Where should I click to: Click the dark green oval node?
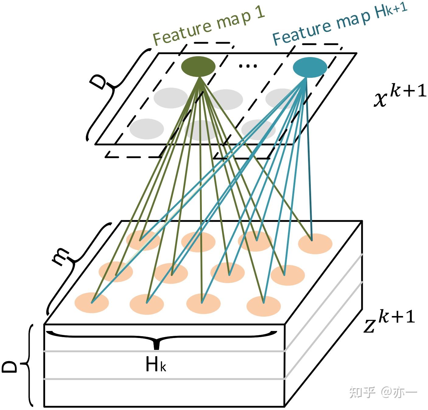click(198, 67)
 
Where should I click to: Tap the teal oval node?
click(310, 67)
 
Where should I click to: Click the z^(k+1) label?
click(390, 321)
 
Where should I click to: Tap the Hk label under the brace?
click(156, 365)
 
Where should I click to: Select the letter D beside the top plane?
click(98, 81)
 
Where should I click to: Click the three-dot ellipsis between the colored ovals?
click(248, 66)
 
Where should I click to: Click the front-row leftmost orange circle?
click(92, 302)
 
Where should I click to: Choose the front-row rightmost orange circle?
click(264, 306)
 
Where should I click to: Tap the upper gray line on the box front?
click(164, 351)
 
